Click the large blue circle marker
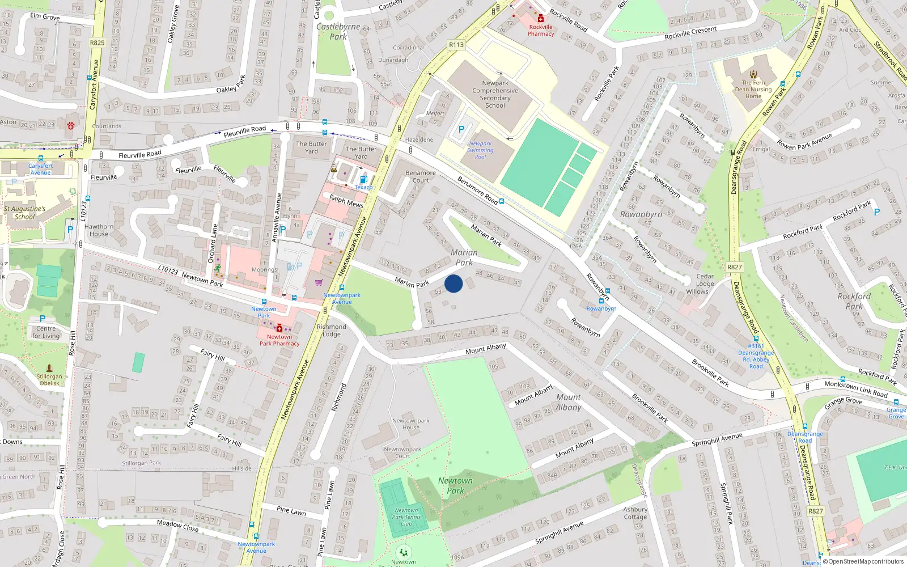[x=453, y=283]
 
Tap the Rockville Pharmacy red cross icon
[x=541, y=19]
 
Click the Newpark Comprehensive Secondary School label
[x=495, y=94]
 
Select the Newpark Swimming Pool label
[x=480, y=150]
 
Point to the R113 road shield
[x=456, y=45]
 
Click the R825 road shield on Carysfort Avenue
[x=97, y=43]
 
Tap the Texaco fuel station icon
[x=363, y=179]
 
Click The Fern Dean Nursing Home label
[x=753, y=89]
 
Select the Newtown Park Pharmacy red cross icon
[x=279, y=328]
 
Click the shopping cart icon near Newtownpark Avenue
[x=319, y=282]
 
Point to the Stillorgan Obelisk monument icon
[x=49, y=368]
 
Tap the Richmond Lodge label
[x=332, y=330]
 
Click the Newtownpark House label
[x=410, y=424]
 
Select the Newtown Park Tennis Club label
[x=406, y=517]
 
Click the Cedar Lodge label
[x=705, y=280]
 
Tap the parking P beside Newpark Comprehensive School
[x=461, y=129]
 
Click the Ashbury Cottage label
[x=635, y=513]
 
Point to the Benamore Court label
[x=421, y=176]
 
